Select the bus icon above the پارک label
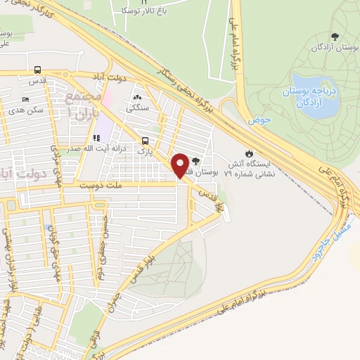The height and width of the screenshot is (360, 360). click(144, 140)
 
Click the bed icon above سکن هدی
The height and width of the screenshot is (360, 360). click(26, 99)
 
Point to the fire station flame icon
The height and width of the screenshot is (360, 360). click(248, 153)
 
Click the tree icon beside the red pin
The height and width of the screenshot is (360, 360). click(205, 162)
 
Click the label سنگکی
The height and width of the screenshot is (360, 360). click(136, 109)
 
